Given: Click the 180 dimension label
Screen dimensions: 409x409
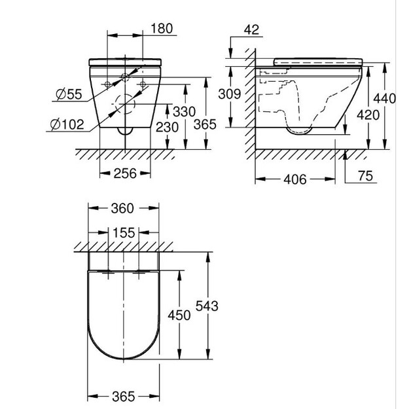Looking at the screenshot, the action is (162, 28).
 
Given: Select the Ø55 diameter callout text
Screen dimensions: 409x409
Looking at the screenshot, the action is (69, 94).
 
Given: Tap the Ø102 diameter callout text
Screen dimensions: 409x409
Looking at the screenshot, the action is (67, 124).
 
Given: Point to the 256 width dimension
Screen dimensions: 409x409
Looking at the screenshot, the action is (125, 173).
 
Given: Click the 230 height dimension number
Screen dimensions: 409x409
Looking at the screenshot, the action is (167, 128).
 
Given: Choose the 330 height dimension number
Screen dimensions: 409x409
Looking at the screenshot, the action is (184, 112).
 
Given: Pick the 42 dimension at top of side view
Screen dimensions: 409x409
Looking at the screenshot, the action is (251, 29).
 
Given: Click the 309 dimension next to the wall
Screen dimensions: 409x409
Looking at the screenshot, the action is (229, 94).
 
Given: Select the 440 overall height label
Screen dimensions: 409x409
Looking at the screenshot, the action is (385, 99).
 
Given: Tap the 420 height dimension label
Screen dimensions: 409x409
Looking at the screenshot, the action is (368, 115).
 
